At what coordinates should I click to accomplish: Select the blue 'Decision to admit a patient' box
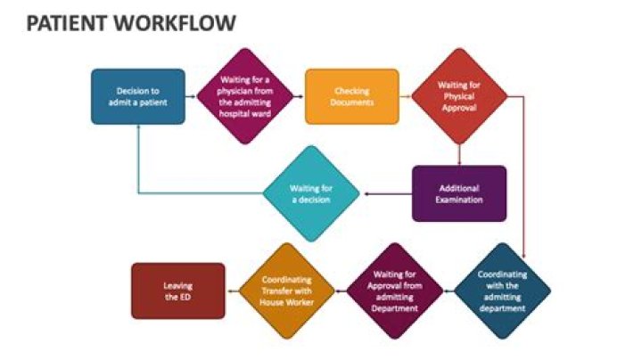pyautogui.click(x=138, y=96)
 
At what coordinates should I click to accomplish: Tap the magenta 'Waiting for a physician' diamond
pyautogui.click(x=244, y=96)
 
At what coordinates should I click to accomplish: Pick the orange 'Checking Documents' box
pyautogui.click(x=351, y=96)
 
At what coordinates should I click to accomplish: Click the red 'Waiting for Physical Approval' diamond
pyautogui.click(x=458, y=96)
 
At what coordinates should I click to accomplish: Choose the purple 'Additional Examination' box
pyautogui.click(x=458, y=193)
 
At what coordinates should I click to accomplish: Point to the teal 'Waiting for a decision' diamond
pyautogui.click(x=311, y=193)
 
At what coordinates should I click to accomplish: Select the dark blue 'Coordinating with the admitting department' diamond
pyautogui.click(x=502, y=290)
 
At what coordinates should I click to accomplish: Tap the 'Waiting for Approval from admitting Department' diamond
pyautogui.click(x=395, y=290)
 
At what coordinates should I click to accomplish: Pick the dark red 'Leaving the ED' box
pyautogui.click(x=177, y=290)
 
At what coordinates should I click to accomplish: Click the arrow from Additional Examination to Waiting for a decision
pyautogui.click(x=385, y=193)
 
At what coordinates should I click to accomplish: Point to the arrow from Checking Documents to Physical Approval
pyautogui.click(x=405, y=96)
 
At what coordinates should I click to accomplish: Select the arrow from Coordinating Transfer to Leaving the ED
pyautogui.click(x=234, y=290)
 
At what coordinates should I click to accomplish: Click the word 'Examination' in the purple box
pyautogui.click(x=459, y=200)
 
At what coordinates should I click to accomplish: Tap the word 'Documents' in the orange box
pyautogui.click(x=351, y=102)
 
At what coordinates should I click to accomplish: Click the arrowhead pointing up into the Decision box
pyautogui.click(x=138, y=129)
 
